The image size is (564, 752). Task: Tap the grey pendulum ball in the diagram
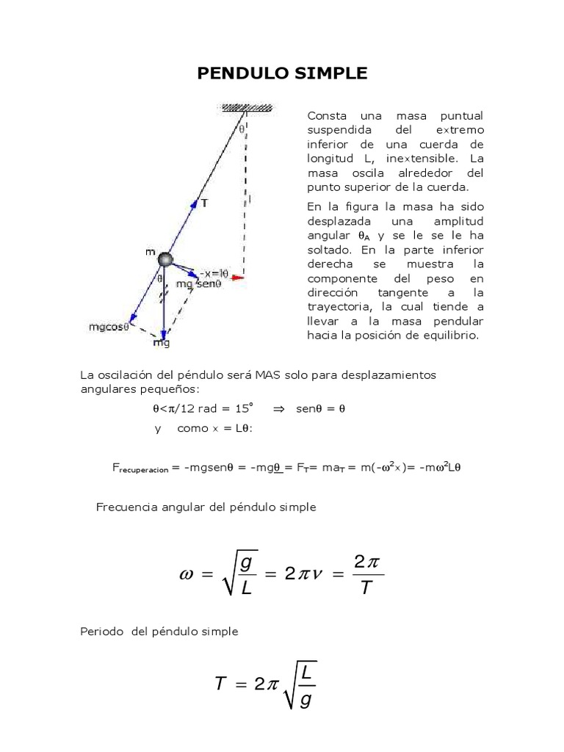(166, 258)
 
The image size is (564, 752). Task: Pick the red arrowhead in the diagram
(237, 278)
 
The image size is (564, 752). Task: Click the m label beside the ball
(150, 253)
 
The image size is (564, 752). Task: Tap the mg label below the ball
(161, 341)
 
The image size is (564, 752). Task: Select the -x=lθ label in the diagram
(214, 273)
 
